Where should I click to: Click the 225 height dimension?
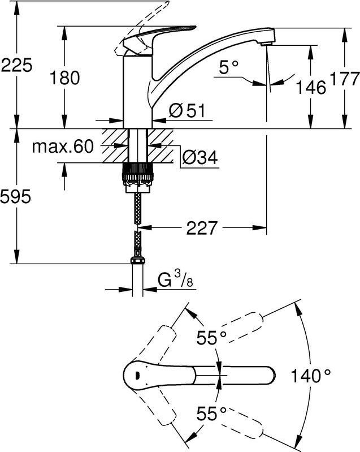[16, 65]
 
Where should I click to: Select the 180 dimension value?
[64, 78]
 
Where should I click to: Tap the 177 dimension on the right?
[344, 79]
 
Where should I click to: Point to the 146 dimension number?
[311, 87]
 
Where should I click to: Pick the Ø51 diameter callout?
[187, 110]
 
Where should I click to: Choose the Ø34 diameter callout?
[200, 157]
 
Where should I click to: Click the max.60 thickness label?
[63, 147]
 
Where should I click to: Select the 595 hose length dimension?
[16, 197]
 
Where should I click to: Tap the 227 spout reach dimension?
[201, 228]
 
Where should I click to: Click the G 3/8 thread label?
[175, 279]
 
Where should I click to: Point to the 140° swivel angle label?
[311, 375]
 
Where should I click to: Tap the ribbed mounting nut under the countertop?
[138, 174]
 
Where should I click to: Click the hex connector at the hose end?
[138, 260]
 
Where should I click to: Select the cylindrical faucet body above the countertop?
[138, 92]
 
